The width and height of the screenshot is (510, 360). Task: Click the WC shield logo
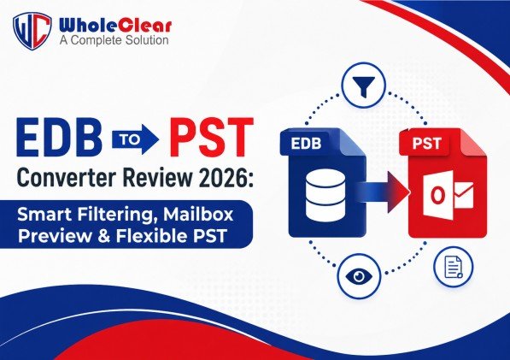(x=32, y=31)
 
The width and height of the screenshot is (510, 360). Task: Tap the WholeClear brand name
(x=115, y=26)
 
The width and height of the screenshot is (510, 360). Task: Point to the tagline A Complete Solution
(x=114, y=40)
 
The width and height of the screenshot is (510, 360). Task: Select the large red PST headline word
(x=211, y=138)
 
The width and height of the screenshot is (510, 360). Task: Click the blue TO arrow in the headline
(x=135, y=139)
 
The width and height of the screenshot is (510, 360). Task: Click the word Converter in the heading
(x=66, y=178)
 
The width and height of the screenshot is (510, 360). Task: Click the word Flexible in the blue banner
(x=153, y=236)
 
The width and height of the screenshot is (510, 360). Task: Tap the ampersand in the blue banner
(x=103, y=236)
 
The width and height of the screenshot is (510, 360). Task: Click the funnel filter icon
(x=364, y=86)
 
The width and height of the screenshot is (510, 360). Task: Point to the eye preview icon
(x=359, y=277)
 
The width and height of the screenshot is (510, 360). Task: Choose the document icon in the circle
(x=454, y=267)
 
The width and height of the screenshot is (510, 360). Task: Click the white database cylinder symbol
(x=325, y=195)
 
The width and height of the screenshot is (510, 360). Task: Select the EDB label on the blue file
(x=306, y=144)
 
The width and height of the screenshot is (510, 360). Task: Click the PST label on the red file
(x=426, y=144)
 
